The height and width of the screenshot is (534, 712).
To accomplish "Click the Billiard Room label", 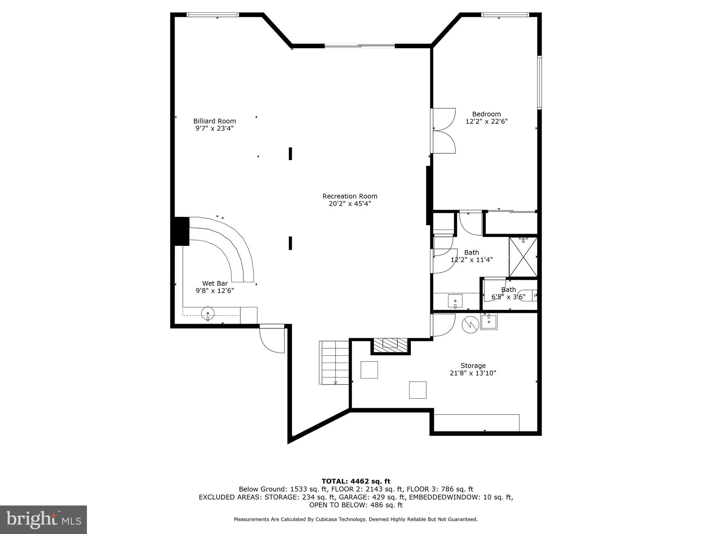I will [215, 121].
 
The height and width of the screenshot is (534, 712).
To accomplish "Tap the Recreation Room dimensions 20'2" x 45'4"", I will [350, 204].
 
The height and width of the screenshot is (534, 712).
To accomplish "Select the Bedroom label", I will [486, 114].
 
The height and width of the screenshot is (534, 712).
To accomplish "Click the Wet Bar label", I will [215, 283].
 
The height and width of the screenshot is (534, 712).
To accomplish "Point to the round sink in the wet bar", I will [208, 314].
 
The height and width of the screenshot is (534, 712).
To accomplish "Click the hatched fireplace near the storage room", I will [390, 343].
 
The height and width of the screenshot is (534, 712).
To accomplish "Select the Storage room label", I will [473, 365].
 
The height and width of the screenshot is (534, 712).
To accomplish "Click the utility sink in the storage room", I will [489, 321].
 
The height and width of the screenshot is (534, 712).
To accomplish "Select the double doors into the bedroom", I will [443, 131].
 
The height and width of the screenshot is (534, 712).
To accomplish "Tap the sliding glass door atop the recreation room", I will [359, 46].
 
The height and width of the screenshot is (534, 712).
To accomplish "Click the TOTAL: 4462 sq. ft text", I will [356, 481].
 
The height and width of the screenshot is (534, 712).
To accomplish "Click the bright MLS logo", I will [43, 519].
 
